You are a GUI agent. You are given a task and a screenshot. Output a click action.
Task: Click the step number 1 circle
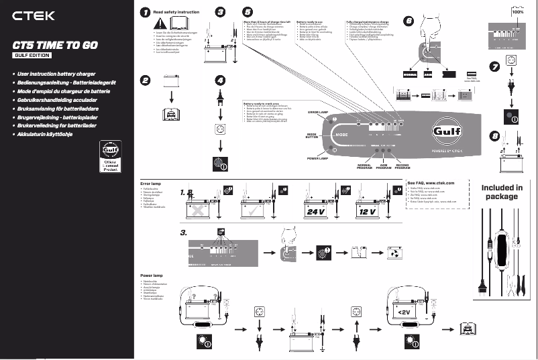click(145, 12)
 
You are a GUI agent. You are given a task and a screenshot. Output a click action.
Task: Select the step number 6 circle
click(409, 21)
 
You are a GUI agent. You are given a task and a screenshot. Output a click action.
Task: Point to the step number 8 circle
click(495, 136)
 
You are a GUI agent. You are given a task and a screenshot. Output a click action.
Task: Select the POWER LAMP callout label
click(317, 159)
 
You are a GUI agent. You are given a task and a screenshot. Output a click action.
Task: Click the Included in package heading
click(502, 192)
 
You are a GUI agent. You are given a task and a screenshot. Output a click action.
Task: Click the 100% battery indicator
click(518, 11)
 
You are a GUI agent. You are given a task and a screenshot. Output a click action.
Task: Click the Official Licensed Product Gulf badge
click(110, 157)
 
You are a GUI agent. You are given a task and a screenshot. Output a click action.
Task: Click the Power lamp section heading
click(152, 276)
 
